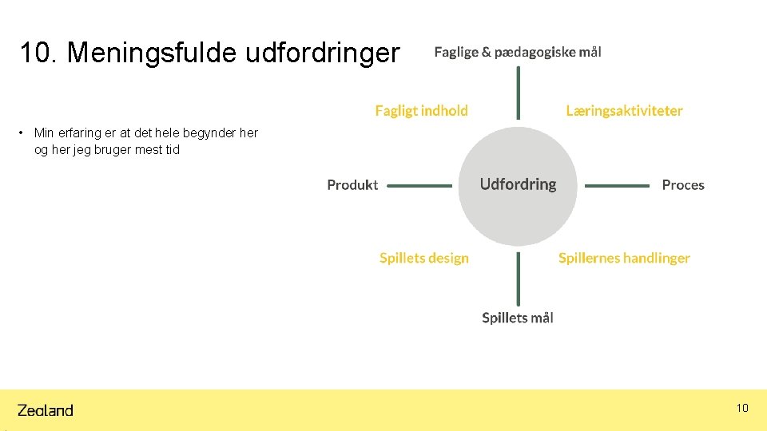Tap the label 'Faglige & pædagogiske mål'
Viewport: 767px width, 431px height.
pos(518,52)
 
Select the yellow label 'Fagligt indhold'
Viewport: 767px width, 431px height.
pos(422,111)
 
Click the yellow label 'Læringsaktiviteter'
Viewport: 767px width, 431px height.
pos(624,111)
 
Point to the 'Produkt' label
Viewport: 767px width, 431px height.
pos(352,185)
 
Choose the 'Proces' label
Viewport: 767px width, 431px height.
pos(683,185)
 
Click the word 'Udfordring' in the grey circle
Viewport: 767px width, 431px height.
pos(518,184)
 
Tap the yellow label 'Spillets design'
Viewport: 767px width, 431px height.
pos(424,258)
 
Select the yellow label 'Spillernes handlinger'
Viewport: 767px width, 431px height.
pos(624,258)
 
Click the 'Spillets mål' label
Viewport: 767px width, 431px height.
pos(518,318)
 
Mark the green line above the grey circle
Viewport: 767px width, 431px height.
pos(518,92)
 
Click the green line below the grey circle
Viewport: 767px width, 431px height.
pos(518,279)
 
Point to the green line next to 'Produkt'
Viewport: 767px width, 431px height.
pos(419,186)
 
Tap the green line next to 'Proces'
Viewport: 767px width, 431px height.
pos(617,186)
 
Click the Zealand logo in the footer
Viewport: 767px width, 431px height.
pos(46,410)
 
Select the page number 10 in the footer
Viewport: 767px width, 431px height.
pos(742,409)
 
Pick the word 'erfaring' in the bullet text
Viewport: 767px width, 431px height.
pos(80,133)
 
